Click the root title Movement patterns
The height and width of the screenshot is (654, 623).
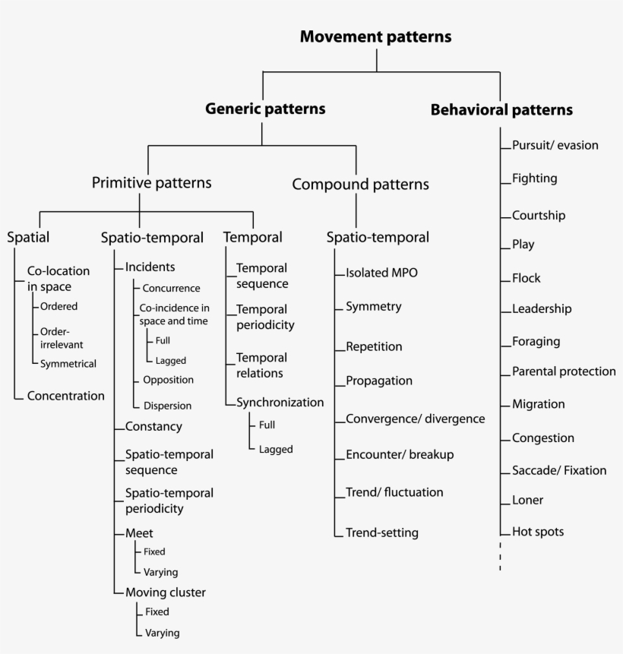pos(375,36)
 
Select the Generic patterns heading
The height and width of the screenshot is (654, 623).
pos(265,109)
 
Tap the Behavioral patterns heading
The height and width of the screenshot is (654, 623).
pos(501,110)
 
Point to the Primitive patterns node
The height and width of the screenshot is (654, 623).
pos(151,183)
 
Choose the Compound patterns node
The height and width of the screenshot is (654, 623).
pos(360,185)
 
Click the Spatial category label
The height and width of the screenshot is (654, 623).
pos(28,237)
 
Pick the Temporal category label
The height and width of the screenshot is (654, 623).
pos(253,237)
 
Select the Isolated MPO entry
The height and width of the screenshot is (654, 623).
pos(381,273)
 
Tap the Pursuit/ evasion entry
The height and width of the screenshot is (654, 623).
pos(555,146)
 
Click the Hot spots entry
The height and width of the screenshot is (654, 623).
pos(538,532)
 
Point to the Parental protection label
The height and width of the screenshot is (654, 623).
pos(564,371)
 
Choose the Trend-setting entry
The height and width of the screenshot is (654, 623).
pos(381,532)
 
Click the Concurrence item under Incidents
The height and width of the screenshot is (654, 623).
pos(171,289)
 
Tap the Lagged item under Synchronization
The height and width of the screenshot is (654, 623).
pos(275,450)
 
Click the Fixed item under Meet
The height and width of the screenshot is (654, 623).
pos(154,552)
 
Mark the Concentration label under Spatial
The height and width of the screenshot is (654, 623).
pos(65,396)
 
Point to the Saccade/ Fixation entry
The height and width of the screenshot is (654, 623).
pos(559,470)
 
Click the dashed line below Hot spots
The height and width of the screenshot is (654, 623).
pos(500,557)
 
